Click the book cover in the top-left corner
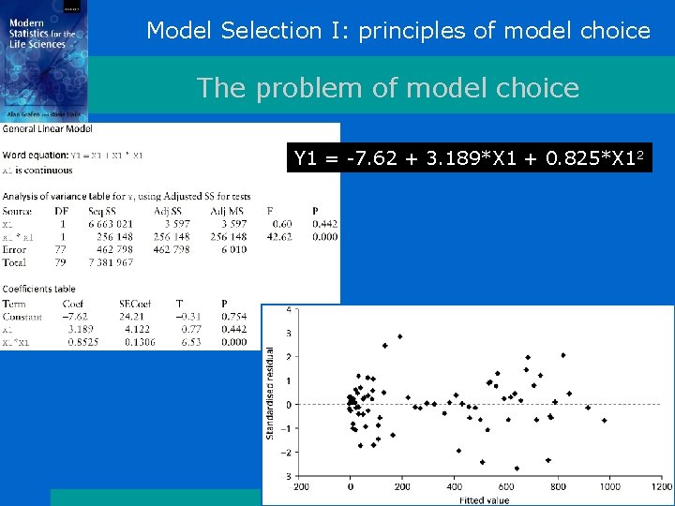[x=44, y=57]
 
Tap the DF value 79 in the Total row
[x=63, y=263]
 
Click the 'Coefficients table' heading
[x=45, y=290]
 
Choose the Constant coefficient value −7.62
[x=74, y=317]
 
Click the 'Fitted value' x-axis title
[x=484, y=500]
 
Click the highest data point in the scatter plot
[x=400, y=336]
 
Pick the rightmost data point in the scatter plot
[x=605, y=421]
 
